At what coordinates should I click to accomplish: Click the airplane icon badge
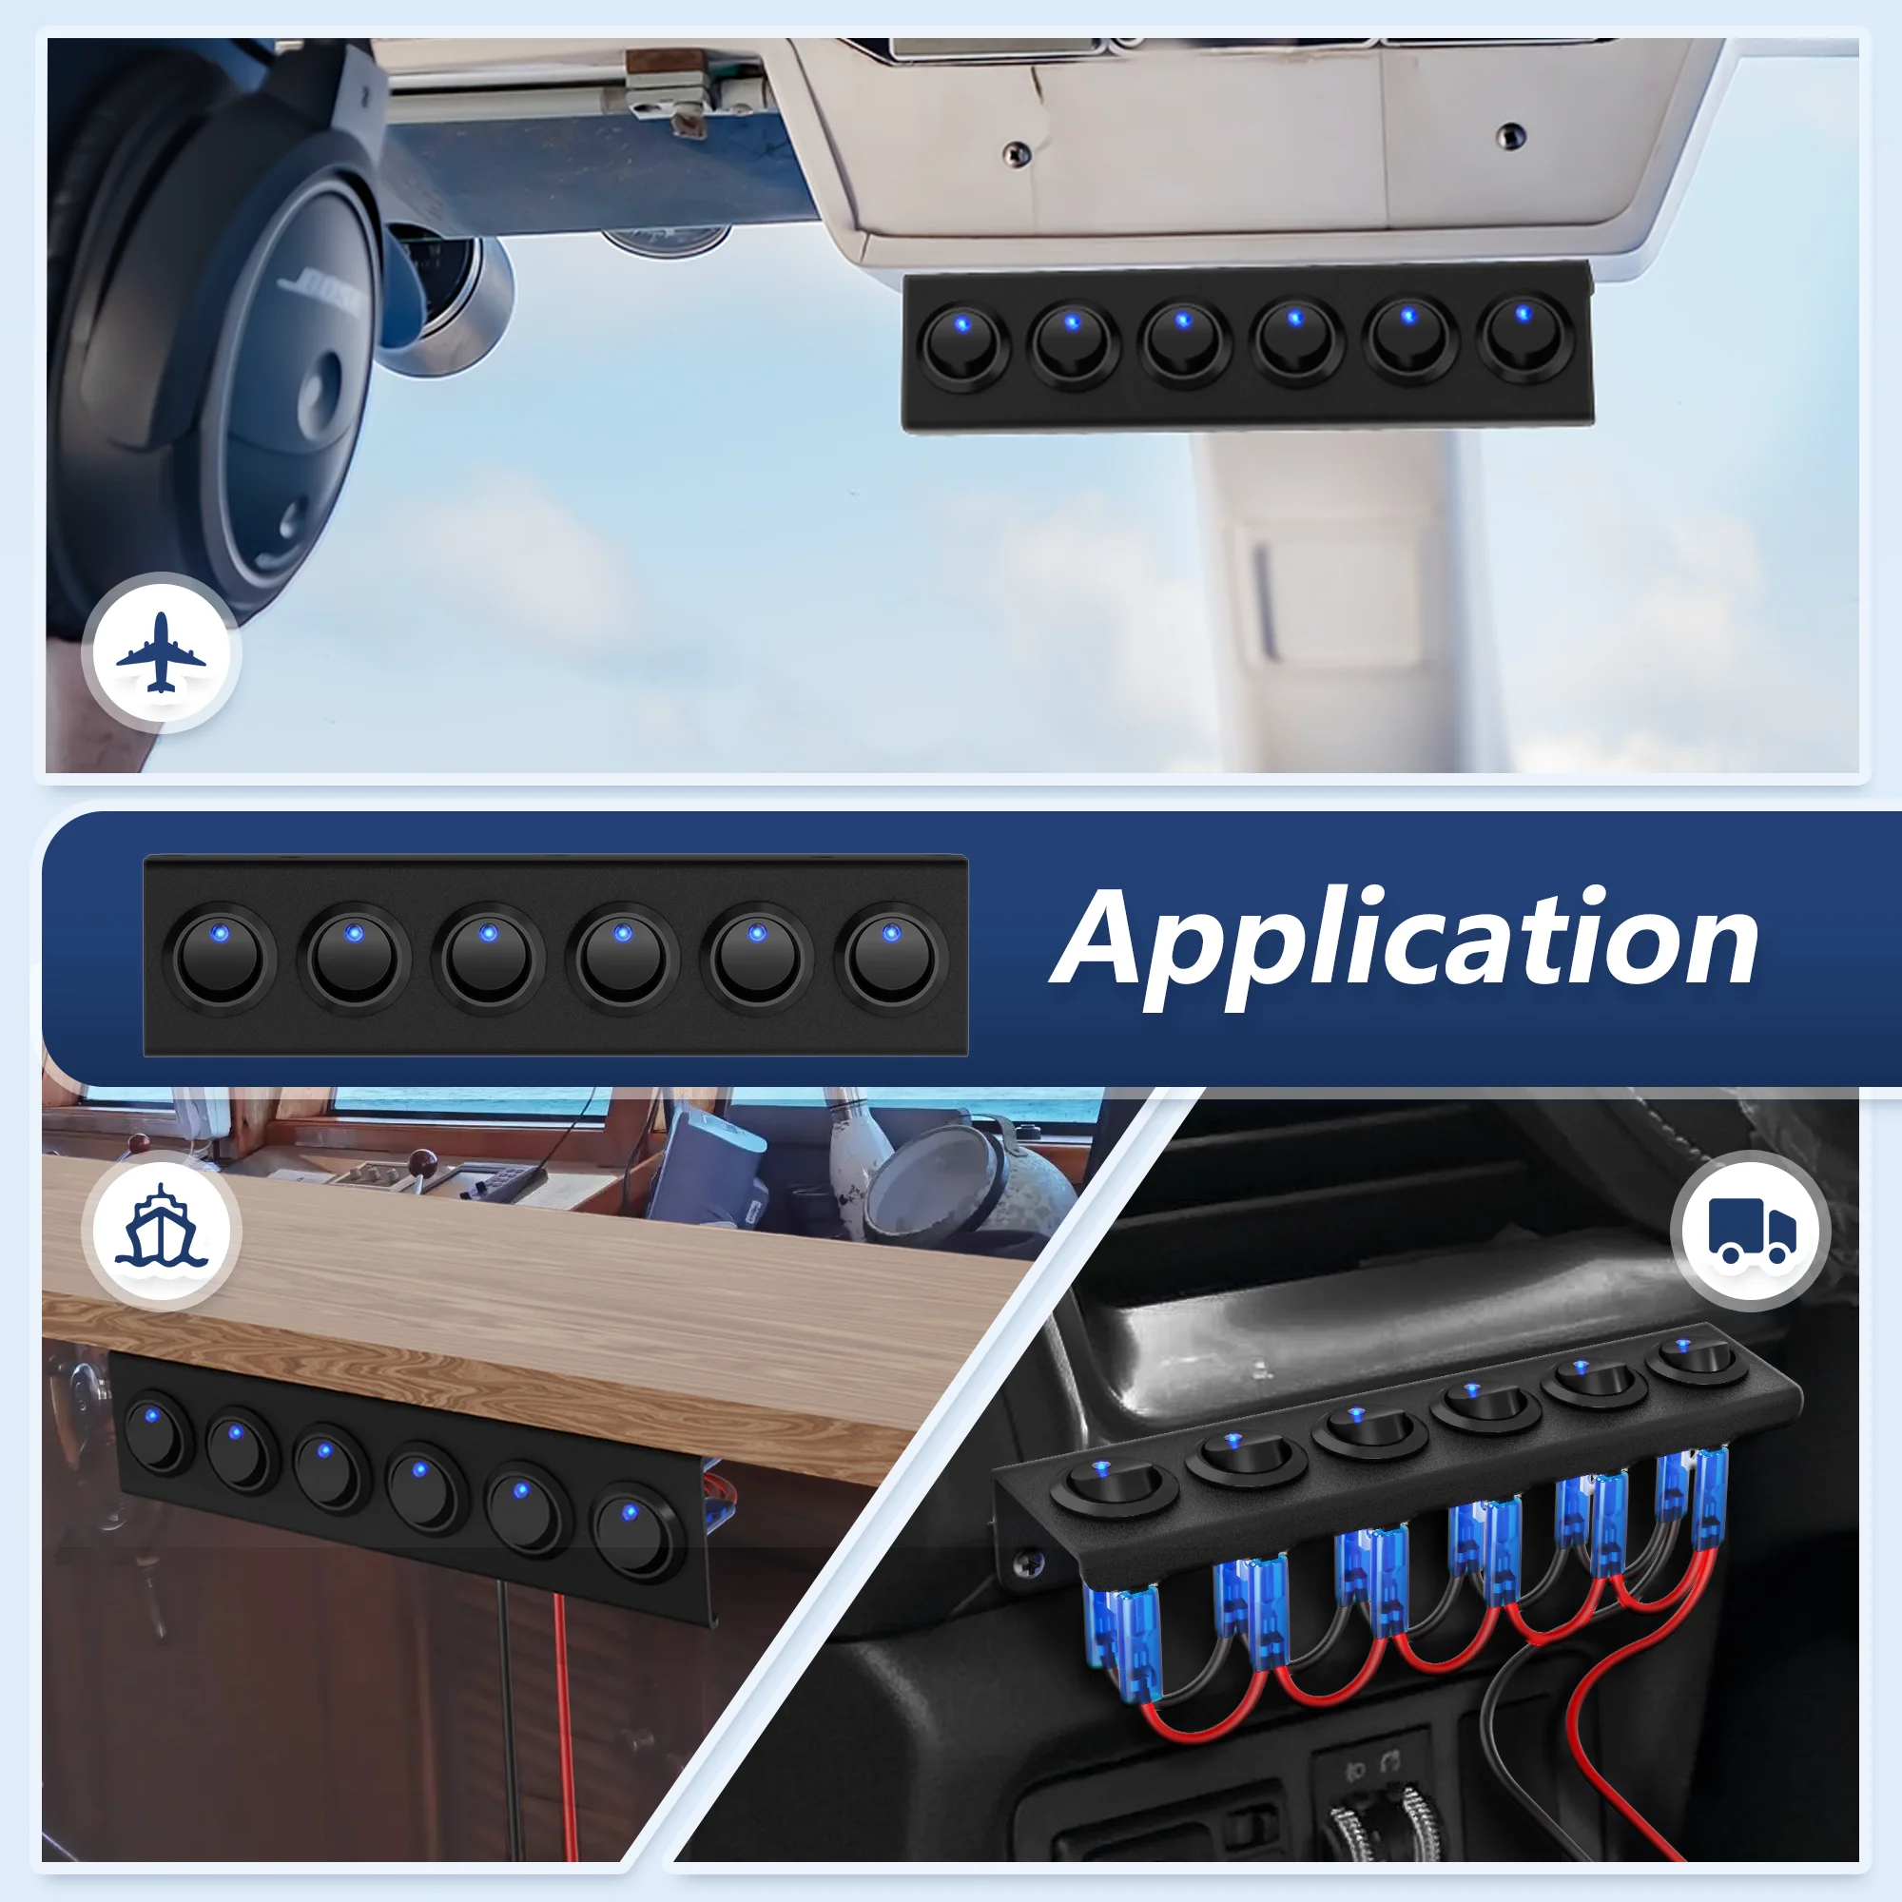[162, 652]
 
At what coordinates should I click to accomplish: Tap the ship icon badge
[162, 1230]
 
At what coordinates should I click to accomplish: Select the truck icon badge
[1751, 1230]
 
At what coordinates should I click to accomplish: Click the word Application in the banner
[1407, 941]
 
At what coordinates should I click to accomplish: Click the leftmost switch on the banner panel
[220, 957]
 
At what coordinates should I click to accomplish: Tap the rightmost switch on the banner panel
[891, 957]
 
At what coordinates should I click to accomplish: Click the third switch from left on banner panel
[488, 957]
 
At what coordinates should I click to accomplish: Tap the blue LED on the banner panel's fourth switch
[621, 932]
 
